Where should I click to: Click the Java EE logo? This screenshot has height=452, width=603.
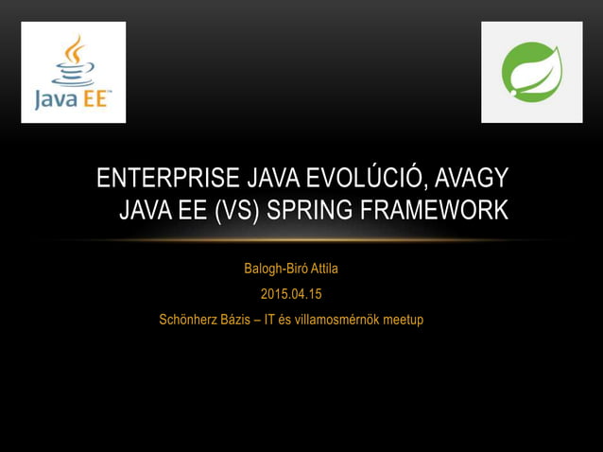click(x=74, y=73)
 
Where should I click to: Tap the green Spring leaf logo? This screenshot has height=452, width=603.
click(x=531, y=73)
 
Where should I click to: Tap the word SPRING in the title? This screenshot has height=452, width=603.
click(x=307, y=210)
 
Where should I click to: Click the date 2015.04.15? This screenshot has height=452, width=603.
click(x=291, y=294)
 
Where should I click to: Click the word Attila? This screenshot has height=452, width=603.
click(x=319, y=269)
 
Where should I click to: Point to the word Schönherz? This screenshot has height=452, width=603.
click(x=189, y=320)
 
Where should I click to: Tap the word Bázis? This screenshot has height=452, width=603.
click(x=239, y=320)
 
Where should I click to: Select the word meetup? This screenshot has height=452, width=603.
click(x=402, y=320)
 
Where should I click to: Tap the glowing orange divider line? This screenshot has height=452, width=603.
click(x=301, y=240)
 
